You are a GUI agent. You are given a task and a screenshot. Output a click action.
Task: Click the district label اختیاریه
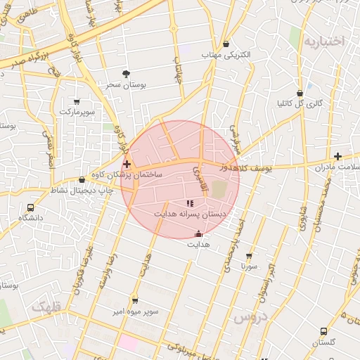click(x=324, y=41)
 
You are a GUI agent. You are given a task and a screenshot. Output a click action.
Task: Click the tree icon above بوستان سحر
click(x=127, y=74)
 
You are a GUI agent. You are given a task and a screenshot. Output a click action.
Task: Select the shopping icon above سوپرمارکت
click(x=77, y=101)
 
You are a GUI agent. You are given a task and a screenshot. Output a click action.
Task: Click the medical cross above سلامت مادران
click(x=338, y=156)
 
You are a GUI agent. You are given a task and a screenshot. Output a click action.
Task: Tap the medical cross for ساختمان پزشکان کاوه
click(x=127, y=163)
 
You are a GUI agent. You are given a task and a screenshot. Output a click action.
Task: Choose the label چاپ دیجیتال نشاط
click(x=69, y=191)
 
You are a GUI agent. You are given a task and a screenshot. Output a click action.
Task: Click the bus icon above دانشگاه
click(x=30, y=207)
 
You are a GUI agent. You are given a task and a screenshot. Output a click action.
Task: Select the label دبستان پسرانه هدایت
click(x=191, y=213)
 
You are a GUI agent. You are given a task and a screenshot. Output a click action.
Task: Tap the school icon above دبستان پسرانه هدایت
click(x=190, y=202)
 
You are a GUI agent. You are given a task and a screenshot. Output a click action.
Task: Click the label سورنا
click(x=249, y=267)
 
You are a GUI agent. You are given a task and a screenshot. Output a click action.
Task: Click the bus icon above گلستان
click(x=323, y=331)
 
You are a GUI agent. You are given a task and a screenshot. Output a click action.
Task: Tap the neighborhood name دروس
click(x=249, y=318)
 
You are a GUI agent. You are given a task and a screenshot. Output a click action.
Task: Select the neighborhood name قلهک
click(x=47, y=307)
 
